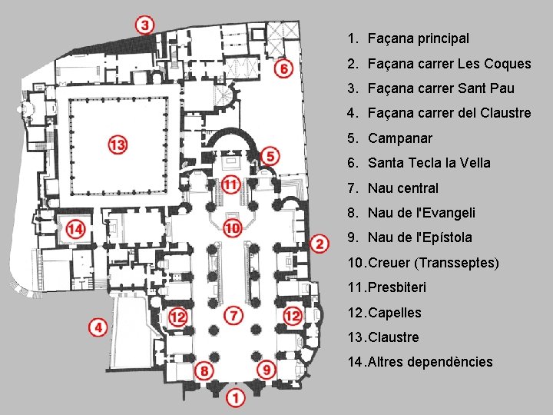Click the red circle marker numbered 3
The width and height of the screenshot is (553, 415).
click(x=146, y=24)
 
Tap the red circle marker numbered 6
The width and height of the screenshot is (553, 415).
click(x=284, y=68)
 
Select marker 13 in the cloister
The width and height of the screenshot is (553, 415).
click(x=118, y=144)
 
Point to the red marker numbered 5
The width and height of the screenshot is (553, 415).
click(x=270, y=156)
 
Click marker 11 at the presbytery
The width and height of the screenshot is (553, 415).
click(x=230, y=184)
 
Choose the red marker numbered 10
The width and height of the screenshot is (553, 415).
click(x=233, y=227)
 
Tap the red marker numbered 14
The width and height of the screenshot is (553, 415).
click(x=75, y=228)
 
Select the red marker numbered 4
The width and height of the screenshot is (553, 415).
click(x=98, y=328)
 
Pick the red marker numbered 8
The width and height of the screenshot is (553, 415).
click(x=204, y=370)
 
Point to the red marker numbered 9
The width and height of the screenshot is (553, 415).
click(x=266, y=370)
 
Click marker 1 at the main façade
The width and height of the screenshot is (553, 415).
click(x=236, y=398)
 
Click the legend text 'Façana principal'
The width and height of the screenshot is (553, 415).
click(x=418, y=38)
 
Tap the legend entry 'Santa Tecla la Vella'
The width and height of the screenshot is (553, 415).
click(x=429, y=163)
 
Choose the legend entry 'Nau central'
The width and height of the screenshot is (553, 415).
click(x=402, y=188)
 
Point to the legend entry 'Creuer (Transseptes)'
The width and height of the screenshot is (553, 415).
click(x=433, y=263)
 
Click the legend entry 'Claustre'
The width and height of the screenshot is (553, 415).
click(x=393, y=337)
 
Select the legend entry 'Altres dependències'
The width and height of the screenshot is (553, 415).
click(x=430, y=362)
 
